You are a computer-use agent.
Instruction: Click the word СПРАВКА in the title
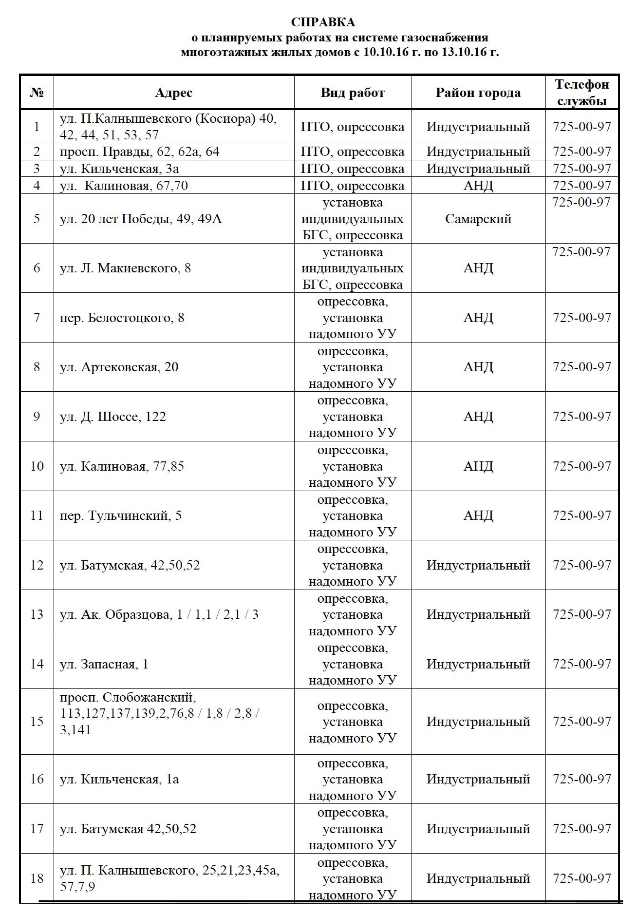[x=323, y=22]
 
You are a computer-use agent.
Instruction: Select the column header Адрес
[x=173, y=93]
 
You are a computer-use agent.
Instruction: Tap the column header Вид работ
[x=353, y=93]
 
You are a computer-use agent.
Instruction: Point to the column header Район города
[x=478, y=93]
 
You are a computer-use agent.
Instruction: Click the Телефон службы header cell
[x=582, y=92]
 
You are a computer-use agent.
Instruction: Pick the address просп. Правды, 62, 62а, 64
[x=140, y=152]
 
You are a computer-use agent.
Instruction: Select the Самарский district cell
[x=478, y=219]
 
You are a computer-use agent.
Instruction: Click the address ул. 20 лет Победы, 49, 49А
[x=141, y=219]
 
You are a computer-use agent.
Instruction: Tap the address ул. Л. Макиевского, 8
[x=125, y=268]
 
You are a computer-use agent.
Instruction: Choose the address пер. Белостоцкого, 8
[x=122, y=318]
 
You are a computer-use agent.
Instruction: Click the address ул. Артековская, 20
[x=119, y=367]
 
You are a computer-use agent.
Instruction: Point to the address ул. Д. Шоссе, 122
[x=113, y=417]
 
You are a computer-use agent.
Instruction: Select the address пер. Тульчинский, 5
[x=121, y=515]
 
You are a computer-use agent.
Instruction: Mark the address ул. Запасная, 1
[x=104, y=664]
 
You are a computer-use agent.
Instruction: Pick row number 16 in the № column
[x=37, y=779]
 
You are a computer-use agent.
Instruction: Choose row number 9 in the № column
[x=37, y=417]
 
